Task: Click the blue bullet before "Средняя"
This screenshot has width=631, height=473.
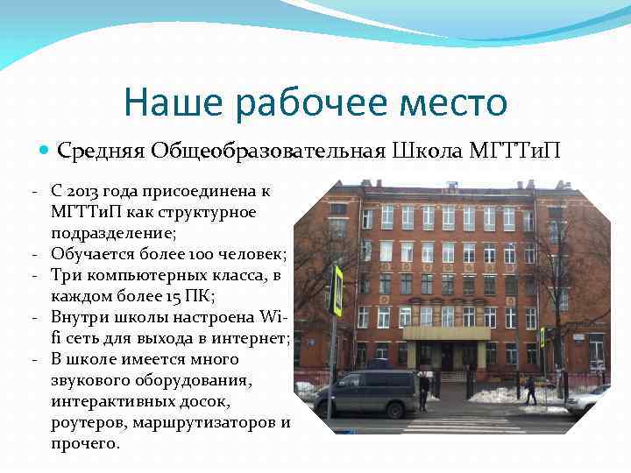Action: (x=46, y=151)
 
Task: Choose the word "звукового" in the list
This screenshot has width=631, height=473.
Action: (x=91, y=380)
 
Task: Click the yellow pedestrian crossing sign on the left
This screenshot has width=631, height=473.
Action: (x=337, y=290)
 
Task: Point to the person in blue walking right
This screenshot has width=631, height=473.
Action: (x=530, y=390)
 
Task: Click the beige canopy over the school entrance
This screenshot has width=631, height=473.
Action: (x=446, y=333)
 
